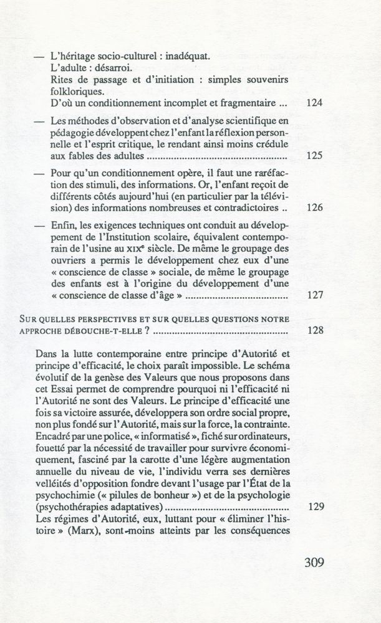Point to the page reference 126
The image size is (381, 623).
pos(315,208)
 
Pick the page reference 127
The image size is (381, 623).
pos(315,297)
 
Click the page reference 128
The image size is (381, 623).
pos(315,331)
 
